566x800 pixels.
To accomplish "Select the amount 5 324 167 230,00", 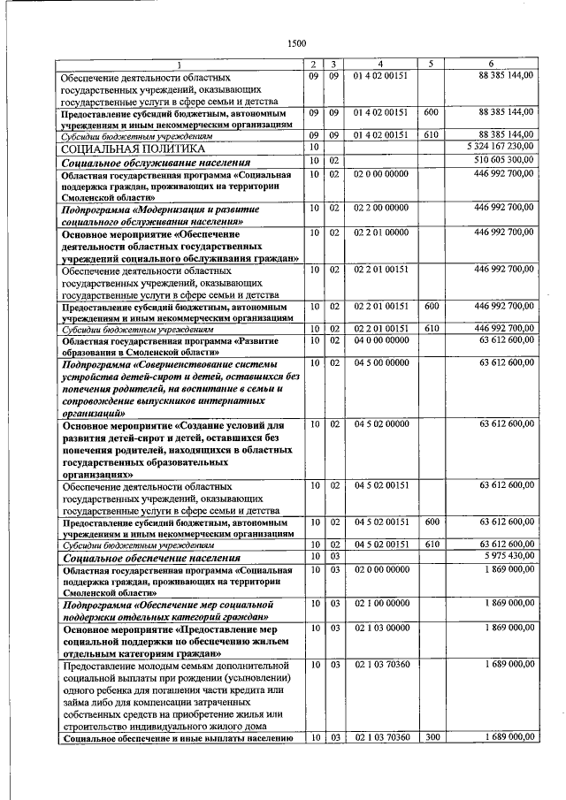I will tap(493, 147).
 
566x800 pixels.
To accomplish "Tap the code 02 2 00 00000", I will tap(381, 207).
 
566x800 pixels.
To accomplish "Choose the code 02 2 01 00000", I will tap(381, 232).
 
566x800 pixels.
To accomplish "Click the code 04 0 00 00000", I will tap(381, 339).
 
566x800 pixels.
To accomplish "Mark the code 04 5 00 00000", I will tap(381, 362).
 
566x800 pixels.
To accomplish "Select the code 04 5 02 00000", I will tap(381, 424).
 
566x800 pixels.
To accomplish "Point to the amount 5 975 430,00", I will tap(504, 556).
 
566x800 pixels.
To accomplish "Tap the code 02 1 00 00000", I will tap(381, 603).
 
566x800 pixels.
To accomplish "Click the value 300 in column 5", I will tap(431, 736).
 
